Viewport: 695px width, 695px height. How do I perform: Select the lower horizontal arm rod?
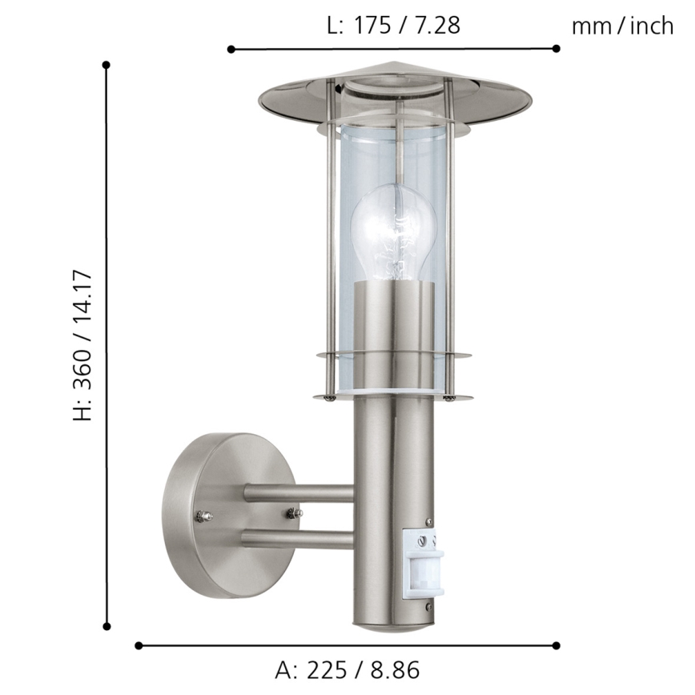pyautogui.click(x=296, y=538)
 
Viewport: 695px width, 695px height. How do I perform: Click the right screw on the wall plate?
pyautogui.click(x=293, y=512)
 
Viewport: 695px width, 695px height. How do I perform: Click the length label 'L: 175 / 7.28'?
pyautogui.click(x=394, y=26)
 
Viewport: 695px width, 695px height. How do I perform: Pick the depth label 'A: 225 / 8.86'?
pyautogui.click(x=347, y=669)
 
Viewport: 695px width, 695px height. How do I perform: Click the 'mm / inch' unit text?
pyautogui.click(x=622, y=26)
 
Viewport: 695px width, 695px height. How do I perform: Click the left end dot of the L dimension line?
pyautogui.click(x=231, y=50)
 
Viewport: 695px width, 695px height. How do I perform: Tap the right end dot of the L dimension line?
pyautogui.click(x=556, y=49)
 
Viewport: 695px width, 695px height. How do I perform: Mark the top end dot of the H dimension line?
pyautogui.click(x=106, y=64)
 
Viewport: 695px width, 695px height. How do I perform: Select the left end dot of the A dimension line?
pyautogui.click(x=139, y=645)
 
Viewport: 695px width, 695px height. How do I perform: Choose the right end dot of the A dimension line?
pyautogui.click(x=556, y=645)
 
